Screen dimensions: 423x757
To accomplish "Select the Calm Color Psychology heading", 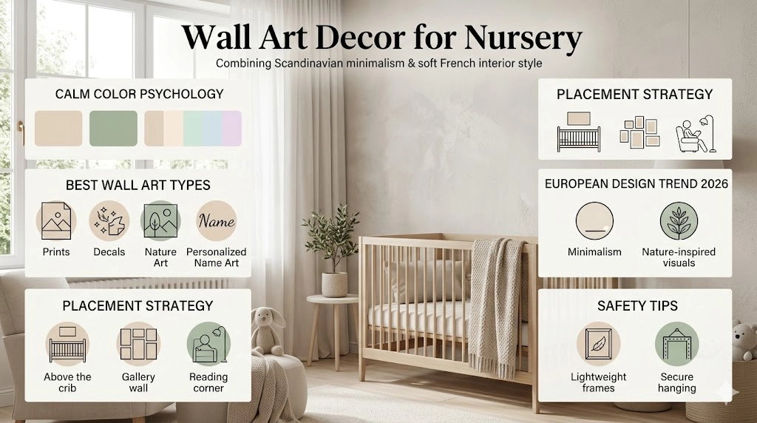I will pyautogui.click(x=139, y=94).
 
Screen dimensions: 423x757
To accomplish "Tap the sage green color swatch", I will pyautogui.click(x=113, y=128).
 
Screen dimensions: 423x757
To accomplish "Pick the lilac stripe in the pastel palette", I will pyautogui.click(x=232, y=128).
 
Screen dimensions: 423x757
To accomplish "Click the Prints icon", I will pyautogui.click(x=56, y=220).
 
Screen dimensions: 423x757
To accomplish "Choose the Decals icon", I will pyautogui.click(x=109, y=220).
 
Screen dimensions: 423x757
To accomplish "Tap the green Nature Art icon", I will pyautogui.click(x=160, y=220).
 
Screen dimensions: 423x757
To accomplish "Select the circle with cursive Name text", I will pyautogui.click(x=217, y=220).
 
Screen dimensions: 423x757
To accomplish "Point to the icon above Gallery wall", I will pyautogui.click(x=138, y=343).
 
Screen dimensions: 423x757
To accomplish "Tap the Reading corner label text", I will pyautogui.click(x=208, y=382).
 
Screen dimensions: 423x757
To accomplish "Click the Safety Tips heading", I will pyautogui.click(x=637, y=305).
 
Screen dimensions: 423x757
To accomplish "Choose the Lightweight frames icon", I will pyautogui.click(x=598, y=345).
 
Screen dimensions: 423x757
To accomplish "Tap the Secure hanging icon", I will pyautogui.click(x=676, y=345).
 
